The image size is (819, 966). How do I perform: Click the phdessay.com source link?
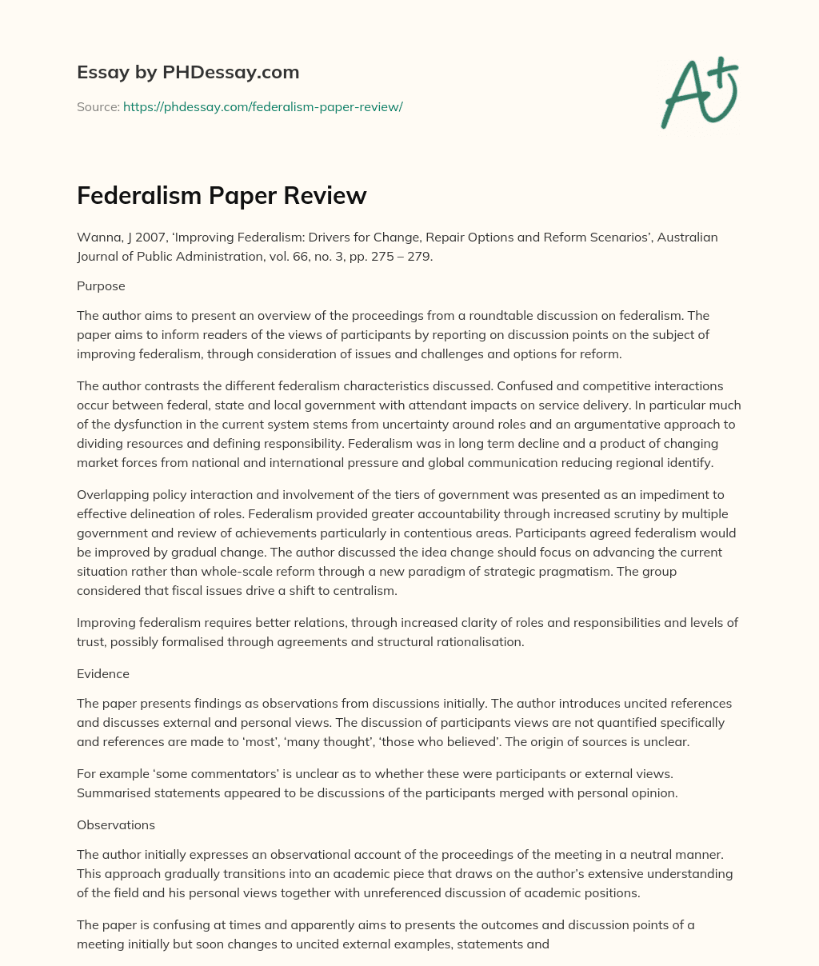(262, 106)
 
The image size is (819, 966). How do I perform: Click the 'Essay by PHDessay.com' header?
(188, 72)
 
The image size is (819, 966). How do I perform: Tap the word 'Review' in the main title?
(326, 195)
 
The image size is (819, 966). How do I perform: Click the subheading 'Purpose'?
(101, 285)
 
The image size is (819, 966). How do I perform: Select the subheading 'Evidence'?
(103, 673)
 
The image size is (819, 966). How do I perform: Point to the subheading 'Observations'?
(116, 824)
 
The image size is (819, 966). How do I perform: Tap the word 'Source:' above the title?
(98, 106)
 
